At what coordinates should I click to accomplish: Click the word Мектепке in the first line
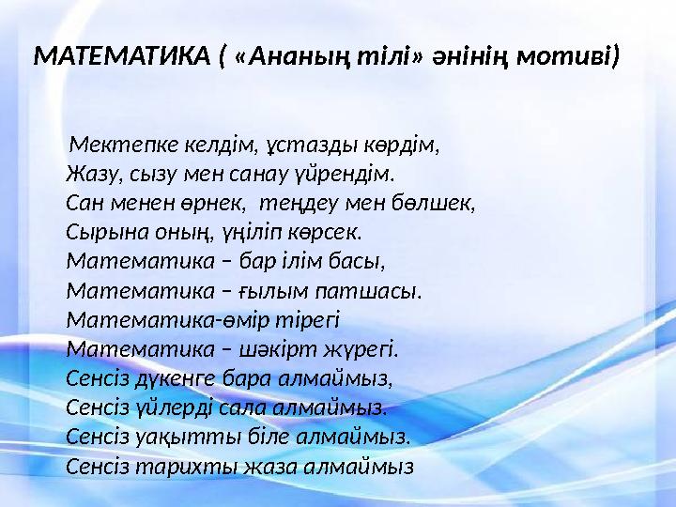116,147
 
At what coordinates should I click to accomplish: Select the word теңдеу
300,201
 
